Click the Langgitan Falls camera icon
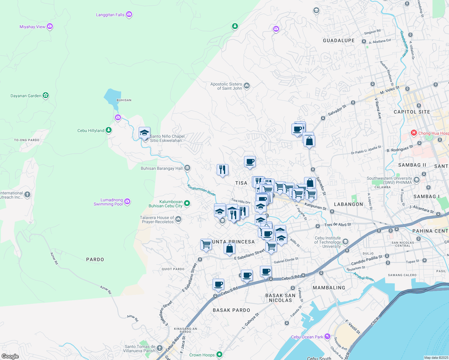pyautogui.click(x=129, y=14)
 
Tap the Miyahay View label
pyautogui.click(x=32, y=27)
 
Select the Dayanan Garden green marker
pyautogui.click(x=46, y=95)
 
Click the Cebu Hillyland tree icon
pyautogui.click(x=109, y=130)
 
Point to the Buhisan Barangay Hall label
pyautogui.click(x=161, y=168)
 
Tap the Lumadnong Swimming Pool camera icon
pyautogui.click(x=127, y=202)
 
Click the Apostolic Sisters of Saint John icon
pyautogui.click(x=247, y=86)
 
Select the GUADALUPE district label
pyautogui.click(x=339, y=40)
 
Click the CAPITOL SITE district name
pyautogui.click(x=412, y=112)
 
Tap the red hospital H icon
pyautogui.click(x=414, y=133)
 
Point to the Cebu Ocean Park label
pyautogui.click(x=307, y=337)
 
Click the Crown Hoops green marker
pyautogui.click(x=219, y=355)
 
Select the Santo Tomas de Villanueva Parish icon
pyautogui.click(x=160, y=348)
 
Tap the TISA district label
pyautogui.click(x=241, y=183)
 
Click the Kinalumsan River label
pyautogui.click(x=201, y=190)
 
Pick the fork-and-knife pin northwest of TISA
pyautogui.click(x=222, y=170)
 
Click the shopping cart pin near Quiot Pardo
pyautogui.click(x=206, y=244)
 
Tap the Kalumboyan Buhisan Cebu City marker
pyautogui.click(x=187, y=203)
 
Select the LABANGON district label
pyautogui.click(x=348, y=204)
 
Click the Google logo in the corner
pyautogui.click(x=10, y=356)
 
